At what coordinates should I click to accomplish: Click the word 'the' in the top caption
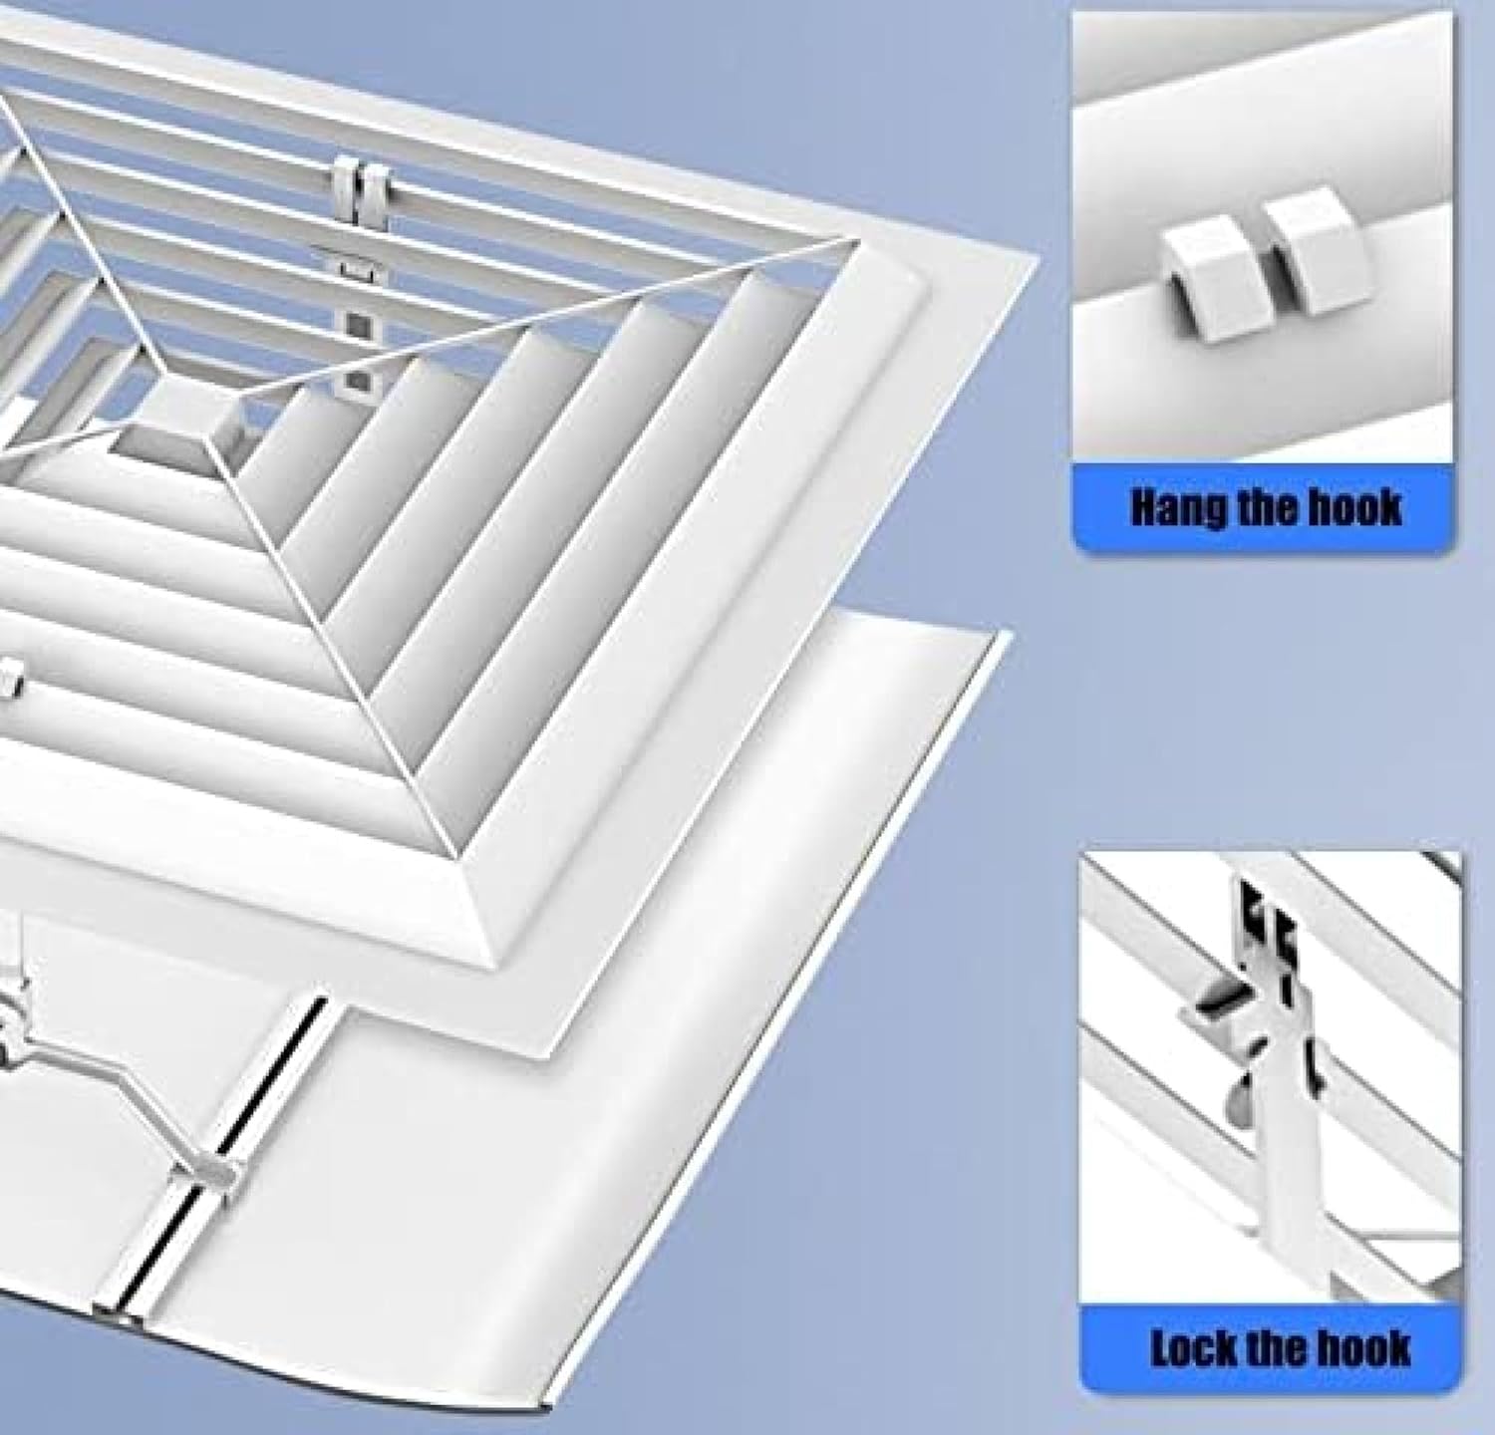(1261, 507)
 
